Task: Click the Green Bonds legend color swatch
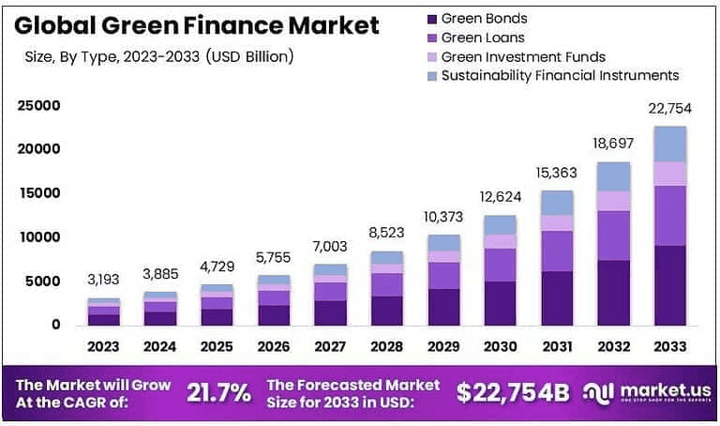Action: (x=431, y=19)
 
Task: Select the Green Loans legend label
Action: (x=483, y=38)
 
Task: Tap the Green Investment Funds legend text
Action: (x=523, y=56)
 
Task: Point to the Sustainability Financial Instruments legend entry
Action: (x=560, y=75)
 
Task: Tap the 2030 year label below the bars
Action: (x=500, y=346)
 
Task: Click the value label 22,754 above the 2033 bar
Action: (x=669, y=110)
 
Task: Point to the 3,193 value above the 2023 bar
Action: (x=104, y=281)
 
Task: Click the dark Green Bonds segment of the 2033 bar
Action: (x=669, y=285)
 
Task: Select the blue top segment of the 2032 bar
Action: (x=613, y=176)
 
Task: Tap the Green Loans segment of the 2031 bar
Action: (x=557, y=251)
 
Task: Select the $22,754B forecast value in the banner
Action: (x=513, y=392)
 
